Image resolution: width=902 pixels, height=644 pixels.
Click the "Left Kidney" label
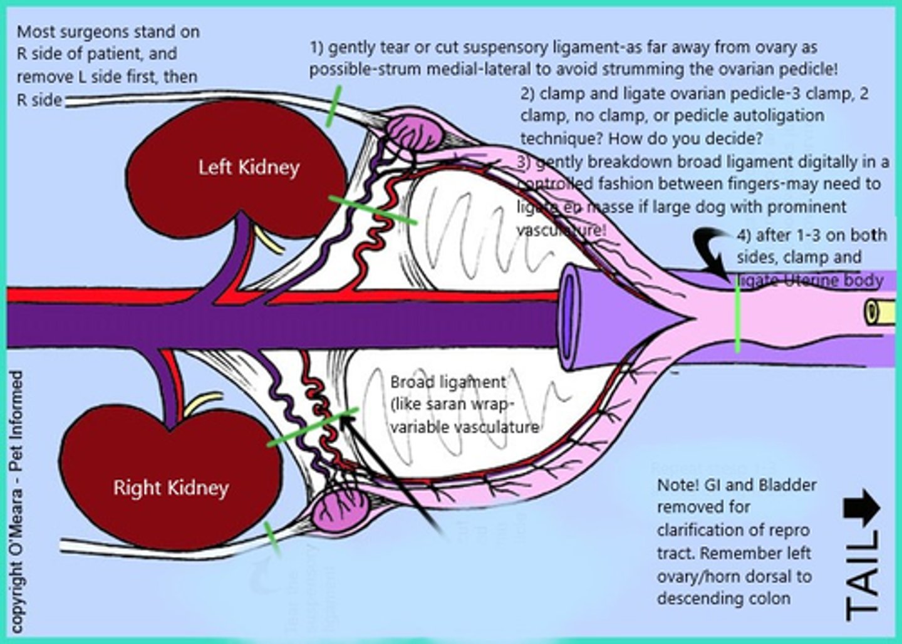pos(249,167)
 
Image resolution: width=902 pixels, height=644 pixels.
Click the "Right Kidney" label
pos(170,487)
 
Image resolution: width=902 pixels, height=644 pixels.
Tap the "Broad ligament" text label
pos(447,382)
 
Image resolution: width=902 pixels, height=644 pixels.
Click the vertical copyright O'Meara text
pos(18,501)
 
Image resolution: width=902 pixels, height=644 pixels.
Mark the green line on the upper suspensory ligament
pos(334,106)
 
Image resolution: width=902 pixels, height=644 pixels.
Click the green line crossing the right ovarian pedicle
pos(313,427)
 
